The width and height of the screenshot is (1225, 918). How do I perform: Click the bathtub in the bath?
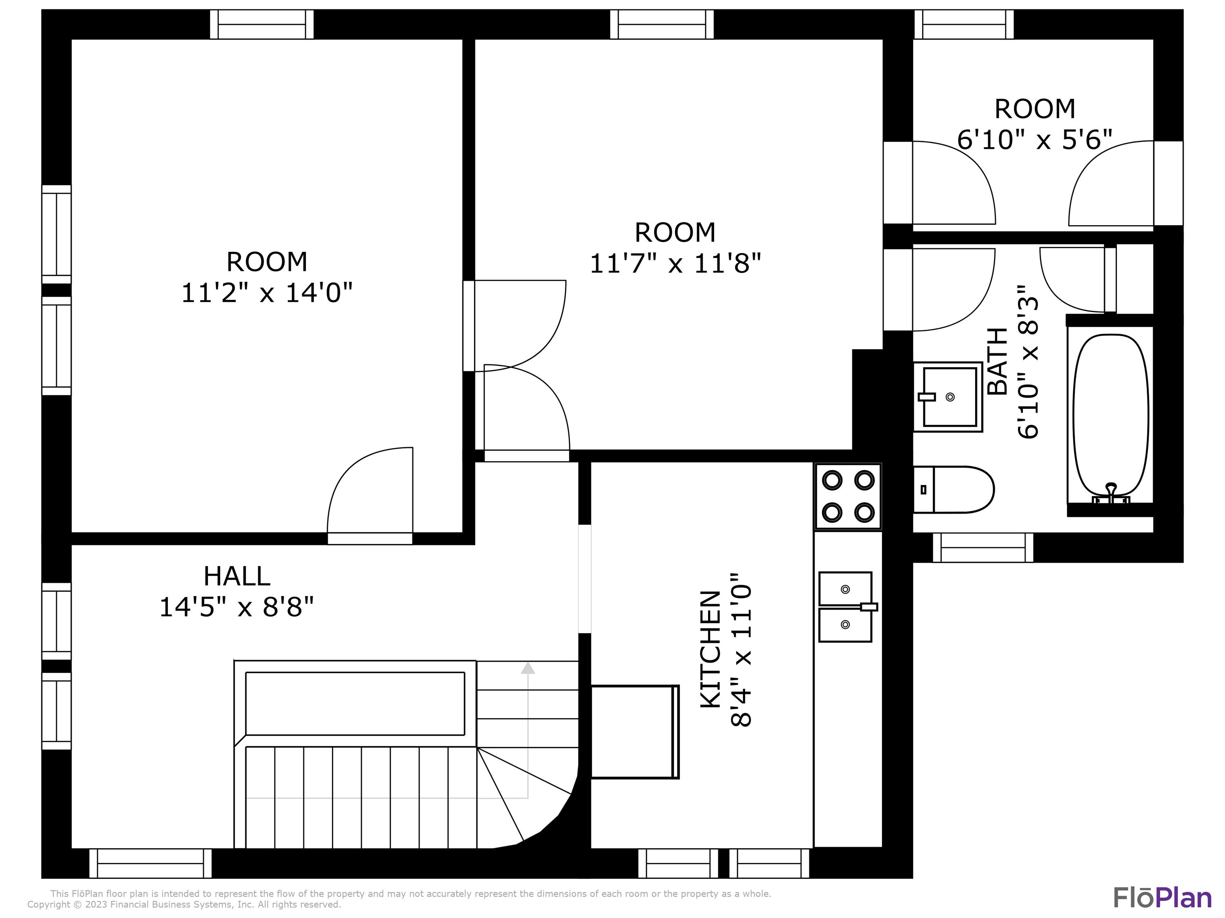pyautogui.click(x=1110, y=415)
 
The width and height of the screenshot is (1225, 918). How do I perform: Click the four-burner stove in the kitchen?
pyautogui.click(x=848, y=497)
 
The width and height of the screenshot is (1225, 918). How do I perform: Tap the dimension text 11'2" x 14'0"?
pyautogui.click(x=267, y=293)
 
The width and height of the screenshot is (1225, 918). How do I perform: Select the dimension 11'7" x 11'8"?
pyautogui.click(x=675, y=264)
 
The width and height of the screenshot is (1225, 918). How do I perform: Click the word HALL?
pyautogui.click(x=236, y=576)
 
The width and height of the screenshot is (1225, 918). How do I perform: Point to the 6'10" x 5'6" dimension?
pyautogui.click(x=1034, y=140)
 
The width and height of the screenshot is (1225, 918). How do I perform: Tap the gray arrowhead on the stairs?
pyautogui.click(x=528, y=668)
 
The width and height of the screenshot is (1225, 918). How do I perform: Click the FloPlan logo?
pyautogui.click(x=1162, y=898)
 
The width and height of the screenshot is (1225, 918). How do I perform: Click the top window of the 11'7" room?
pyautogui.click(x=662, y=24)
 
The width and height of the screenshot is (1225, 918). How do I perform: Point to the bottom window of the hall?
pyautogui.click(x=151, y=863)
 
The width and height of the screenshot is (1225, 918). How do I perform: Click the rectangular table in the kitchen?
pyautogui.click(x=635, y=732)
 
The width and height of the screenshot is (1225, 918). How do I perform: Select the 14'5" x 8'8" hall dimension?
pyautogui.click(x=236, y=607)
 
